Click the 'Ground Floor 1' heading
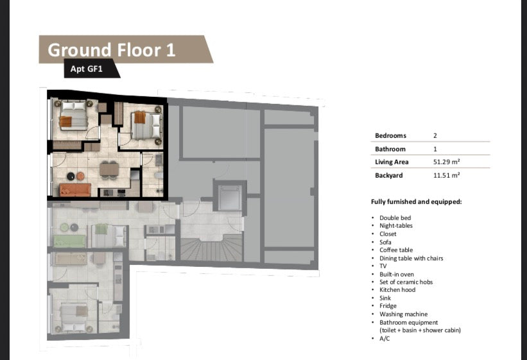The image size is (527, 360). click(112, 49)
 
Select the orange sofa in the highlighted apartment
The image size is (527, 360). click(75, 190)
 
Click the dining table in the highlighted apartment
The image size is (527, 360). click(109, 169)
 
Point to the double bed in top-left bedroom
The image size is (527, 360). click(73, 117)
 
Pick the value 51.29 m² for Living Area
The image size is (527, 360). click(447, 162)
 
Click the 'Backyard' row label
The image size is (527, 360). click(389, 175)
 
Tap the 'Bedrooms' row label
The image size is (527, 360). click(391, 136)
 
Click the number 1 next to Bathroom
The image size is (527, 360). click(436, 149)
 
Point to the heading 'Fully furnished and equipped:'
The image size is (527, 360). click(416, 201)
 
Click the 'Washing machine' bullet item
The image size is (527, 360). click(404, 314)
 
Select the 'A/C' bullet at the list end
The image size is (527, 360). click(385, 338)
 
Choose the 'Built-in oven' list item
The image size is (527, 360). click(397, 274)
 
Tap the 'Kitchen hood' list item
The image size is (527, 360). click(397, 290)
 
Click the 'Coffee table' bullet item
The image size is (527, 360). click(396, 250)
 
